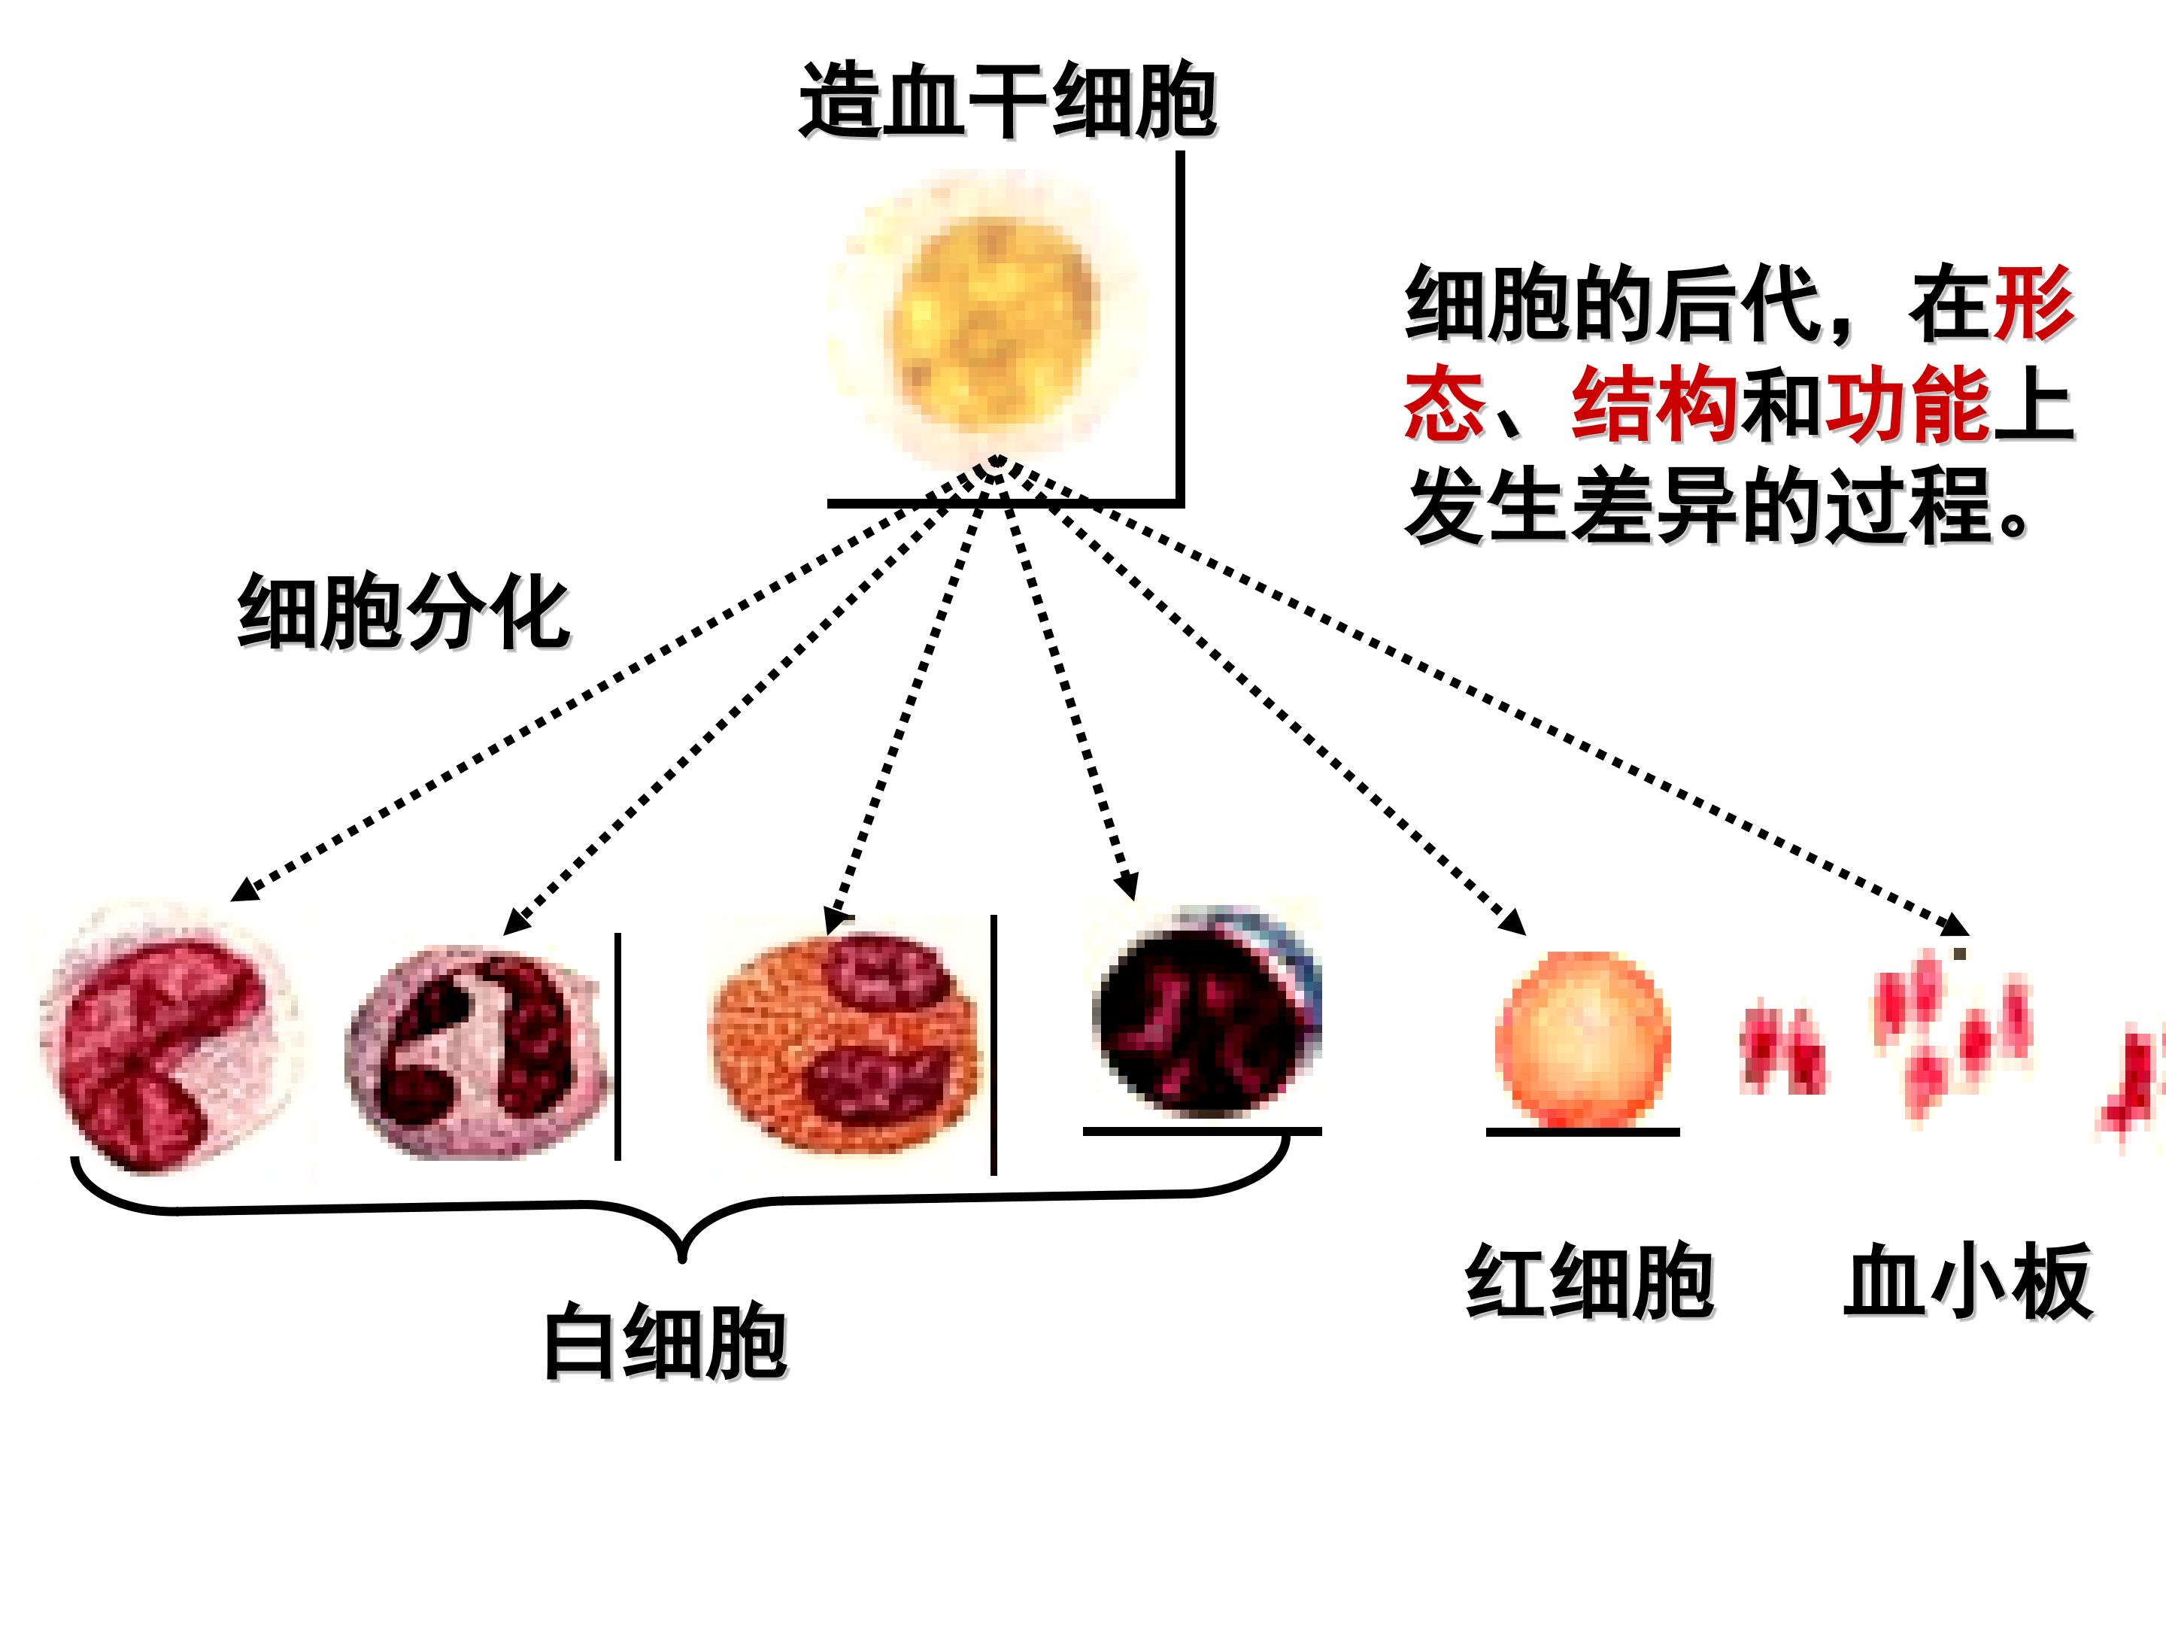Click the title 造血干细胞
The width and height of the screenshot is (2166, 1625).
(1008, 101)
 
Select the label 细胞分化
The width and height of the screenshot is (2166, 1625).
(403, 612)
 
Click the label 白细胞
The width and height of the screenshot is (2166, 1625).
(665, 1342)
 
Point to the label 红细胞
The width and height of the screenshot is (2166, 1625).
(1589, 1282)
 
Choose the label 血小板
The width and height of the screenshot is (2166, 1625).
(1968, 1281)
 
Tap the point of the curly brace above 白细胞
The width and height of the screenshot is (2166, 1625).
(682, 1261)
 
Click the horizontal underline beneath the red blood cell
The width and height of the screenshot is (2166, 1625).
(1582, 1132)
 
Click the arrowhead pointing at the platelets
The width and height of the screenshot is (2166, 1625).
(1956, 925)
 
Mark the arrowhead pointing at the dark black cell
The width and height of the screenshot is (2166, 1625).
(1128, 885)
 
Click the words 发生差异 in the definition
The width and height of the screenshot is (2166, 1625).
(1572, 506)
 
